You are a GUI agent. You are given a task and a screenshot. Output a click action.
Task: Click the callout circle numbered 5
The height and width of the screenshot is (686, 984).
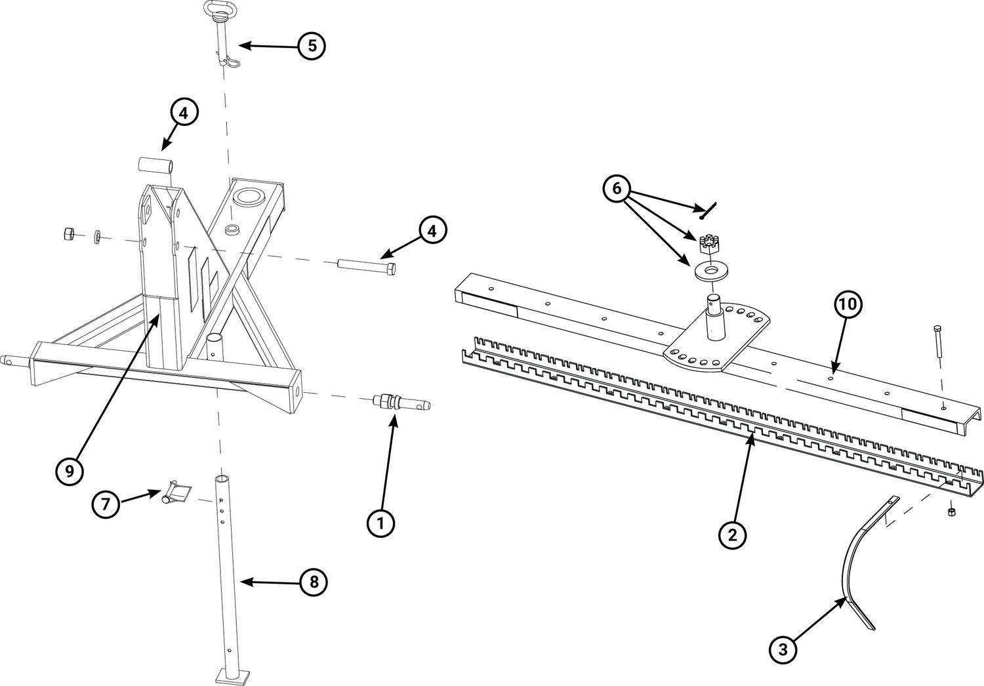click(x=312, y=46)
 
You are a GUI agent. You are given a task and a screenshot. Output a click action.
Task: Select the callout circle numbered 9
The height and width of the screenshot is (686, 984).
click(x=70, y=470)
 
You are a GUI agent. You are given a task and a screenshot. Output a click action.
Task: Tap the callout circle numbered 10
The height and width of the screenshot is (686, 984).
click(x=848, y=306)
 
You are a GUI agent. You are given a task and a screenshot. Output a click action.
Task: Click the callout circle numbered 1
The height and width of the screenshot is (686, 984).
click(x=380, y=523)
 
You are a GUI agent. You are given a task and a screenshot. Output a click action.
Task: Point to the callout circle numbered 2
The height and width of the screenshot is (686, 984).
click(x=732, y=534)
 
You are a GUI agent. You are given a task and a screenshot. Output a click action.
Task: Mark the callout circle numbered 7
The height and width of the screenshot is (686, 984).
click(x=106, y=504)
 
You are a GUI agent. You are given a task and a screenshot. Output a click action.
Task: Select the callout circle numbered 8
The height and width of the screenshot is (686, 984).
click(x=314, y=581)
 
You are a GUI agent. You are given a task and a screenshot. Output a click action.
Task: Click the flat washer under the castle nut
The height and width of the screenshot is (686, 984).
click(x=705, y=271)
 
